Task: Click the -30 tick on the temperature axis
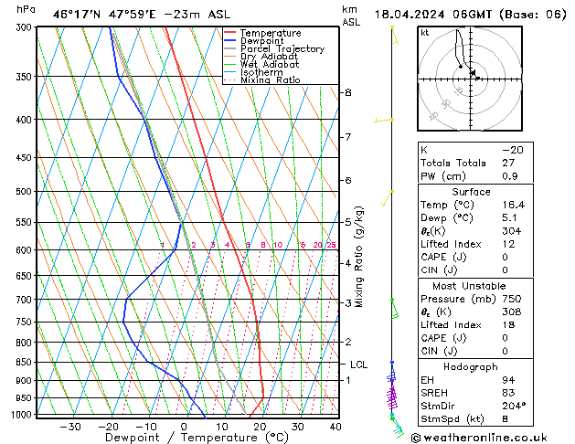70,427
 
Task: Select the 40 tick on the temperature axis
335,427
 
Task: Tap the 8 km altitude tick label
347,93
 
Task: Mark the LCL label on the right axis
358,365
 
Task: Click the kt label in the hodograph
424,33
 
